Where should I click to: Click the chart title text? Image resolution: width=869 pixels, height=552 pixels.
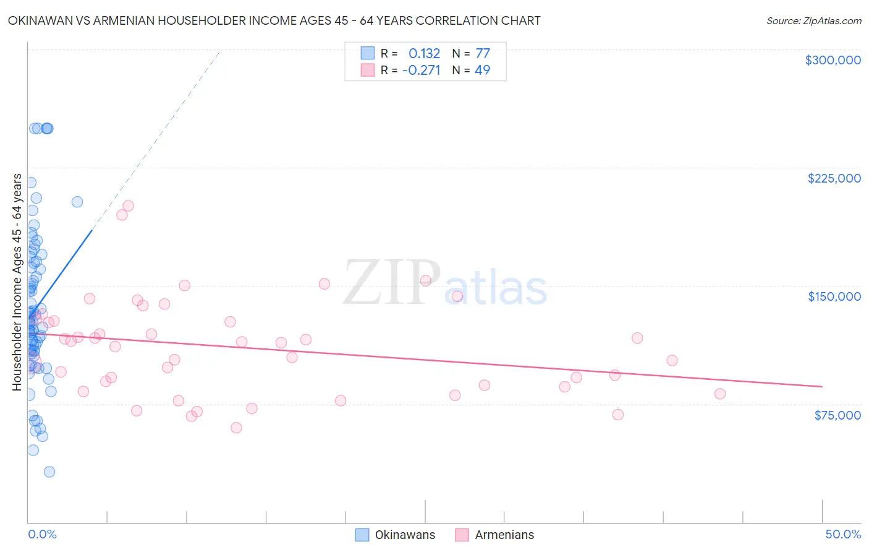point(274,21)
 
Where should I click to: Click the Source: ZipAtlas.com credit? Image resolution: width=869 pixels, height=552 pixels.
point(813,21)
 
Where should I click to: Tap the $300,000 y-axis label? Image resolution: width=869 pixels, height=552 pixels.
point(833,60)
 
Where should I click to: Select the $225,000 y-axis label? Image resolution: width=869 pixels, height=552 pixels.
point(834,178)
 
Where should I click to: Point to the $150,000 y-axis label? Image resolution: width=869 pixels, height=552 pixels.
point(834,296)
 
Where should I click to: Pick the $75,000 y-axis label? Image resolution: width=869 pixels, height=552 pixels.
point(837,415)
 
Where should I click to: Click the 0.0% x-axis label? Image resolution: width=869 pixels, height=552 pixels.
point(42,534)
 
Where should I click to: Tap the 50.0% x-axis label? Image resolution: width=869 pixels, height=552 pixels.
point(843,534)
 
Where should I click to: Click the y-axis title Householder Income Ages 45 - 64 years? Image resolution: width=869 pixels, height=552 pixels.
point(17,282)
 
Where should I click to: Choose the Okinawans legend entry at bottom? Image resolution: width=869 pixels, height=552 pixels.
point(396,535)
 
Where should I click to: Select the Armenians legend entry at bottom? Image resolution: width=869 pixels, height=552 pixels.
point(494,535)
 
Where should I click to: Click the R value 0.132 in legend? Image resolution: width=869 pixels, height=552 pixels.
point(424,53)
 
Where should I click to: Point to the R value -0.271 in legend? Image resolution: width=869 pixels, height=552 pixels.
point(421,70)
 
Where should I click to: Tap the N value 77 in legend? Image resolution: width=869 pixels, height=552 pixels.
point(483,53)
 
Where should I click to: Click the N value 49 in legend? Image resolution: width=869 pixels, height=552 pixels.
point(482,70)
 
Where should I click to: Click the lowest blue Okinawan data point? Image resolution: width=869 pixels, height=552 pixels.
point(49,472)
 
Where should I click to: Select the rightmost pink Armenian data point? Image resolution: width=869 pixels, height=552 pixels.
point(719,394)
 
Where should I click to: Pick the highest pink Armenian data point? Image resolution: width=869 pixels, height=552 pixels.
point(128,205)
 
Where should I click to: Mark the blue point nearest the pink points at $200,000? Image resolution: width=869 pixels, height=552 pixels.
point(77,202)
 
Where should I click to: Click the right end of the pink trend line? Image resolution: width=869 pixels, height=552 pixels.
point(822,386)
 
